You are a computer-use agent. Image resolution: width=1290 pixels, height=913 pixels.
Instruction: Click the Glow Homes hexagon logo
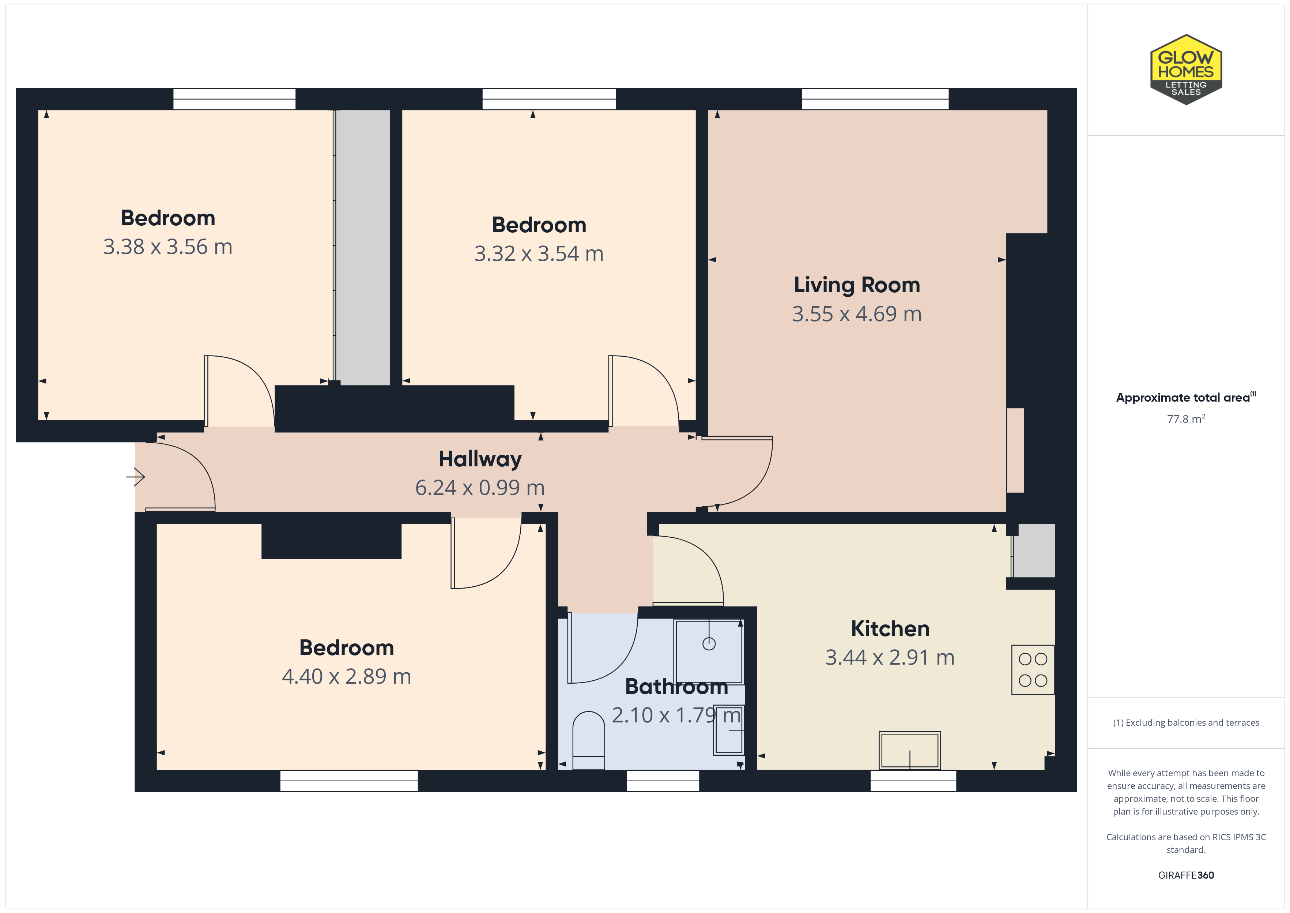[1186, 70]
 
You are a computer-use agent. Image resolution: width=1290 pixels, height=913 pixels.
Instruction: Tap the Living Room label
[857, 285]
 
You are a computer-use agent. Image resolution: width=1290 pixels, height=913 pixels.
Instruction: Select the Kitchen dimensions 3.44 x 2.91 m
[890, 657]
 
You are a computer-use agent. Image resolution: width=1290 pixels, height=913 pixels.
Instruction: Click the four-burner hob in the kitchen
[1033, 670]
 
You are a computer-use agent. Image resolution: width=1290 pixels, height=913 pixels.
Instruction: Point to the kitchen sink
[910, 751]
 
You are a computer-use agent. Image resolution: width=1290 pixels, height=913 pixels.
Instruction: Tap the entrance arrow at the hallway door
[135, 477]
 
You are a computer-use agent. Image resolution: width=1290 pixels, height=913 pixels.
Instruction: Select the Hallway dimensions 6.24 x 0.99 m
[480, 488]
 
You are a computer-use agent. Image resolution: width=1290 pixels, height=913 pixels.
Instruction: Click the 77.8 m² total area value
[1186, 419]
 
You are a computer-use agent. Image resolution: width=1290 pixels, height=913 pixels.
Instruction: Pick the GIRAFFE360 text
[1186, 875]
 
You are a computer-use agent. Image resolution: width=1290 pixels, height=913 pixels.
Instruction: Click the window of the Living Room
[875, 99]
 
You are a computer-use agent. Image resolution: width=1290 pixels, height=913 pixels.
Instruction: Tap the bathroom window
[663, 781]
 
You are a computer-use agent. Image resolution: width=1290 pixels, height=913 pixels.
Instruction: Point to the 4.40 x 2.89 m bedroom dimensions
[347, 676]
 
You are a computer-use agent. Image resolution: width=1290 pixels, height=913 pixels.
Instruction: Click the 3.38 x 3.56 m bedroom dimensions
[167, 247]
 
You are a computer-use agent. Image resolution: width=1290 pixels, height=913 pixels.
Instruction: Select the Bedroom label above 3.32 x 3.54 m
[539, 225]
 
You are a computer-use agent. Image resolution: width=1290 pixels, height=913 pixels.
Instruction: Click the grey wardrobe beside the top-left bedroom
[362, 247]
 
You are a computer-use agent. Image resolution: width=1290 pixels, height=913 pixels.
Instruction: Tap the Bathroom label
[676, 687]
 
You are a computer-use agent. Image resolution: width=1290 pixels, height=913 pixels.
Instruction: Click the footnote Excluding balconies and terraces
[1186, 722]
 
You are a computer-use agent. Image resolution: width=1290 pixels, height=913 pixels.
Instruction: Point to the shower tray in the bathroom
[709, 651]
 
